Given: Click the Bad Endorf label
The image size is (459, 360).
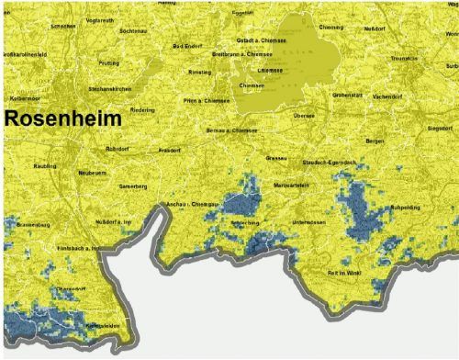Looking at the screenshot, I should click(189, 46).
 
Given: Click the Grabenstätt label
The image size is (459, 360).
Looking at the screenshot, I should click(349, 94).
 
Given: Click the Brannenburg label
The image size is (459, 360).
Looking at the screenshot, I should click(32, 223).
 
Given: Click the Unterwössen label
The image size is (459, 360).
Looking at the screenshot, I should click(313, 222).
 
